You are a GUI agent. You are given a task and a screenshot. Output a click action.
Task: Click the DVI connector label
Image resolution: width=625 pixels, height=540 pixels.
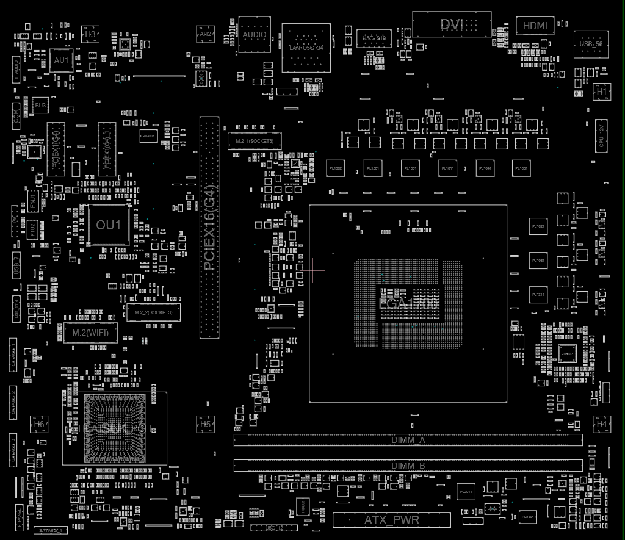pos(452,25)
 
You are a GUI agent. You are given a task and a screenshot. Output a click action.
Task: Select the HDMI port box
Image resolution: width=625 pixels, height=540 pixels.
pos(535,26)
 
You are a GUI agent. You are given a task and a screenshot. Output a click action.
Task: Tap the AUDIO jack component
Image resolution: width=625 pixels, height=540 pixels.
pos(254,35)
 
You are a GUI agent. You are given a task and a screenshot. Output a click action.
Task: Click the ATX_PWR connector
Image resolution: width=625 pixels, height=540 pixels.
pos(392,520)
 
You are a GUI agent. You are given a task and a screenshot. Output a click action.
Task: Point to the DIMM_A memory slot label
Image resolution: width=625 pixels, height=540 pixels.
pos(408,440)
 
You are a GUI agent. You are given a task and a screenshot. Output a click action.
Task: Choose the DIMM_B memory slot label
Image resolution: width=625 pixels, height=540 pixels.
pos(408,466)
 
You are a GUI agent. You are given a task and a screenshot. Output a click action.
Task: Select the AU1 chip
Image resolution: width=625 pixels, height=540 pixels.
pos(61,60)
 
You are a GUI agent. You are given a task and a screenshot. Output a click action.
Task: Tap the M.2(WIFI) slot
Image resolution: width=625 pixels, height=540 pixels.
pos(90,333)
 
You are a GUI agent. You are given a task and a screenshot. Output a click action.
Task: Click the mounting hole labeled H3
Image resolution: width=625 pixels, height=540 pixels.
pos(90,35)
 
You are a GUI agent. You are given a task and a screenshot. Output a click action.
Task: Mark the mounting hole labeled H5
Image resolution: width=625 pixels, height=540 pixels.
pos(206,424)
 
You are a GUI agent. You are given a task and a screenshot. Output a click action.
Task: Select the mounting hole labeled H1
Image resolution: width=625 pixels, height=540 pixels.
pos(602,92)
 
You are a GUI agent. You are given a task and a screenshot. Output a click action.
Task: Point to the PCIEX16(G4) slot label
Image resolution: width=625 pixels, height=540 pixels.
pos(209,228)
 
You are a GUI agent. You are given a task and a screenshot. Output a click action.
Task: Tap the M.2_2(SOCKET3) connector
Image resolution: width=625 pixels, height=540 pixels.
pos(153,312)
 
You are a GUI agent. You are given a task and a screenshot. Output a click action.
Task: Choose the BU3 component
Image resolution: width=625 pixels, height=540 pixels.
pos(40,106)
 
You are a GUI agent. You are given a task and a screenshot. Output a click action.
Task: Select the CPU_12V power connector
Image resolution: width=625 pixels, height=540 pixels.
pos(601,134)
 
